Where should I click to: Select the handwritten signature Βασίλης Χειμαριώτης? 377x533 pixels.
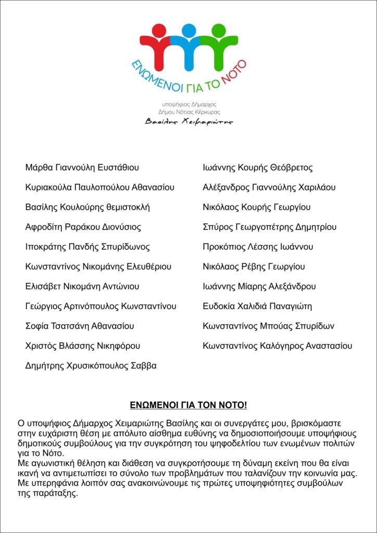tap(189, 122)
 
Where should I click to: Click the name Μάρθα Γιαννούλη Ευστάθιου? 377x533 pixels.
tap(82, 168)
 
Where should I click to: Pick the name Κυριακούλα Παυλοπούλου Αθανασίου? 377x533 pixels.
tap(99, 187)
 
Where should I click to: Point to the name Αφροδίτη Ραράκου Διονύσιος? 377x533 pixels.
tap(83, 227)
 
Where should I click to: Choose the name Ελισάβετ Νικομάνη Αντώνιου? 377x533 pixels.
tap(82, 286)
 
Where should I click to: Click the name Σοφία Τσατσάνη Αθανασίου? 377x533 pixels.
tap(80, 326)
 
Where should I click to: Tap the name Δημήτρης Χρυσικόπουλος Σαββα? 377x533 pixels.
tap(91, 366)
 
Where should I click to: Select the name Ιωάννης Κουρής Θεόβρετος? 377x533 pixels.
tap(258, 168)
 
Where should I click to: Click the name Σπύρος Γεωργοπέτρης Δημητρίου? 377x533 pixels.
tap(270, 227)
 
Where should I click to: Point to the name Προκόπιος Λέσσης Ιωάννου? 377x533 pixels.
tap(258, 247)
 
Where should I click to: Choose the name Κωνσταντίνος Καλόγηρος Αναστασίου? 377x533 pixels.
tap(278, 346)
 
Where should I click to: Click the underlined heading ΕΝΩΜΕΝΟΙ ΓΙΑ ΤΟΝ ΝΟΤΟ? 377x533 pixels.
tap(188, 404)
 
